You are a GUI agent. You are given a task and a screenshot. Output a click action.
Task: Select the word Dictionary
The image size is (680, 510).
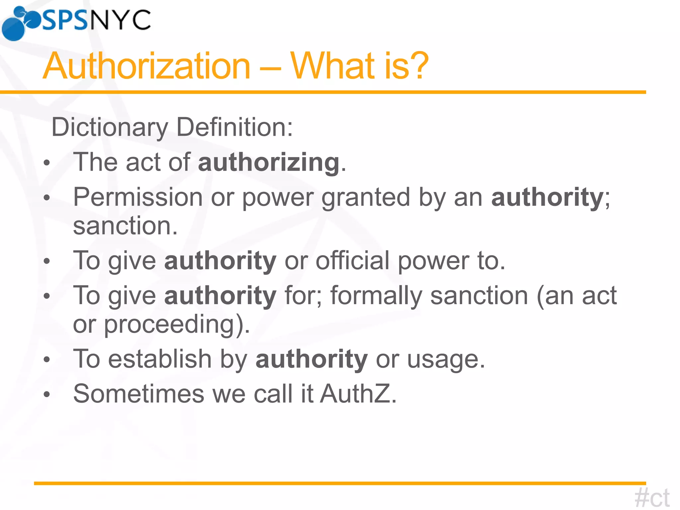point(110,127)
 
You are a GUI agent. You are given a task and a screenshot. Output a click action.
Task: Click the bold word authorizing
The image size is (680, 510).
point(269,162)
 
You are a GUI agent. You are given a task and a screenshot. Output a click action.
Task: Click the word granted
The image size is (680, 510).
point(366,197)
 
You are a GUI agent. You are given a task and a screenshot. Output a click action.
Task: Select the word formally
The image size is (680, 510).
point(376,296)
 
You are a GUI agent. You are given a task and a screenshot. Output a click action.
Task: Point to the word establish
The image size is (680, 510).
point(160,359)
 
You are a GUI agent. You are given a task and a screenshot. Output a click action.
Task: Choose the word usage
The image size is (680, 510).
point(446,360)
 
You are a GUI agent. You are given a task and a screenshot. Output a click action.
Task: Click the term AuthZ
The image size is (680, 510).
point(358,394)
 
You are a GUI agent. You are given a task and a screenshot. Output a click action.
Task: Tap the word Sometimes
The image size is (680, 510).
point(138,394)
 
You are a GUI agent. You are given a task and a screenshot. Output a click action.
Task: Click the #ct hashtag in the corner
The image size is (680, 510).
point(651,498)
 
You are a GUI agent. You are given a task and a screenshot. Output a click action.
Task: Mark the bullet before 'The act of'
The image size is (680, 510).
point(47,163)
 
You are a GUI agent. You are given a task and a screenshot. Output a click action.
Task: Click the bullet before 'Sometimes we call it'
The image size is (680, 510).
point(47,394)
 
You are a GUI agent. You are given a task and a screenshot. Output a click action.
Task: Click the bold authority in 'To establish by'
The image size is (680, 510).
point(311,359)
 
